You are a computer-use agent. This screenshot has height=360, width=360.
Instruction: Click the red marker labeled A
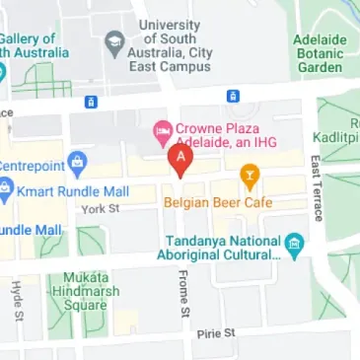180,159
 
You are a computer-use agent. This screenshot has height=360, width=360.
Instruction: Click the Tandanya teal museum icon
293,243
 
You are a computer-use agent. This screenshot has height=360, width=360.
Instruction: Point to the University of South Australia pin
113,42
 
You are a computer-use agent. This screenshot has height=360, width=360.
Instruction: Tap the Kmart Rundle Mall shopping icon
5,188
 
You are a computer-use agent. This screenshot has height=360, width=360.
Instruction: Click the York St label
100,209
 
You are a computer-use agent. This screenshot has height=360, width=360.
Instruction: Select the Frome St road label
183,295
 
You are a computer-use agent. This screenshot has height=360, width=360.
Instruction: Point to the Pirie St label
216,334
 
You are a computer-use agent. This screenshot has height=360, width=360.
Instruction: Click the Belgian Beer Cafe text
246,203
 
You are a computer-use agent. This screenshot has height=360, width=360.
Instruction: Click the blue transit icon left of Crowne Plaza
91,101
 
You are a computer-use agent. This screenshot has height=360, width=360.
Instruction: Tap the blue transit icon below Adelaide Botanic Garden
233,96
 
